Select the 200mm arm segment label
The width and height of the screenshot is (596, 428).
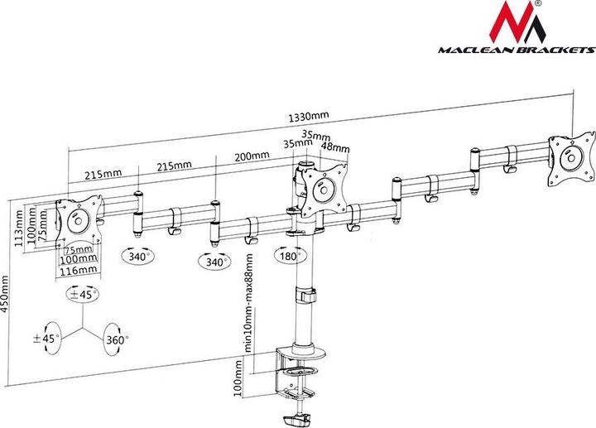tap(252, 156)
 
